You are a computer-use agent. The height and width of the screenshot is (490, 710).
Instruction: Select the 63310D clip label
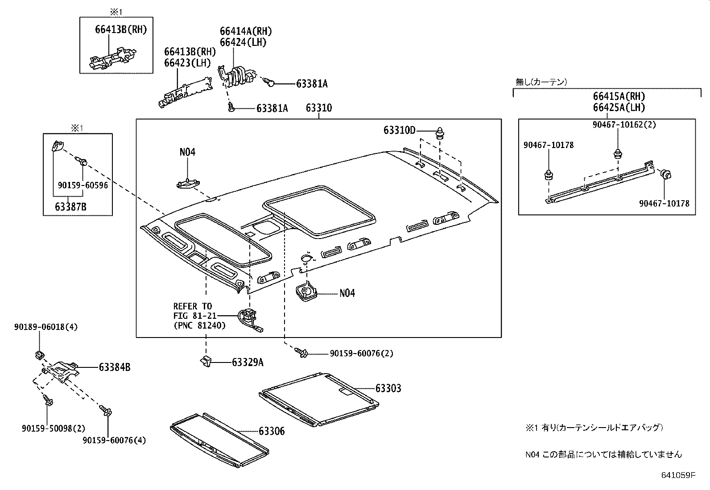(399, 130)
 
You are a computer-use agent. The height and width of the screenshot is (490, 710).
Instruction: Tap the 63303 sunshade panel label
(388, 388)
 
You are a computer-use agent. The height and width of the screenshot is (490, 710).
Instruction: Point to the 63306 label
(272, 431)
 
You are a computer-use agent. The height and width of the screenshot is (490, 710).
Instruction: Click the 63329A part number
(248, 362)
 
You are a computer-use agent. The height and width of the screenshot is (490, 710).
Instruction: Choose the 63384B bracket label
(115, 367)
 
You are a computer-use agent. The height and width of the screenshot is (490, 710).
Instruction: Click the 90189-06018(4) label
(45, 327)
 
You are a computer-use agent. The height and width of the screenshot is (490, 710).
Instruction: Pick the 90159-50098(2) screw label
(53, 428)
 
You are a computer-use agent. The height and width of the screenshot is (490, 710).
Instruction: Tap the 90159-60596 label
(83, 185)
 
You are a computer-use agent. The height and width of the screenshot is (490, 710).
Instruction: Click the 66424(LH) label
(243, 42)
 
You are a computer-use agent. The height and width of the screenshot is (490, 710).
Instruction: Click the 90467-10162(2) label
(624, 125)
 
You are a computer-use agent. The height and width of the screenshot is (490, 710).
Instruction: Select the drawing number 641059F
(678, 475)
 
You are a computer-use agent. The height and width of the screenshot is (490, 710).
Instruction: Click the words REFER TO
(193, 306)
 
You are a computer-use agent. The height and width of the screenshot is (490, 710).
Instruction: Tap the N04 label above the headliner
(187, 152)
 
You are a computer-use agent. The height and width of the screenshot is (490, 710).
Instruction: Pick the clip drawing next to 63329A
(206, 362)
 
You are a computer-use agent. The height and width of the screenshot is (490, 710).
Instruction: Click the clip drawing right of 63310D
(441, 132)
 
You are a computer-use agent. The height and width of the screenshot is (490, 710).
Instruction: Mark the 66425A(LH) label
(619, 107)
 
